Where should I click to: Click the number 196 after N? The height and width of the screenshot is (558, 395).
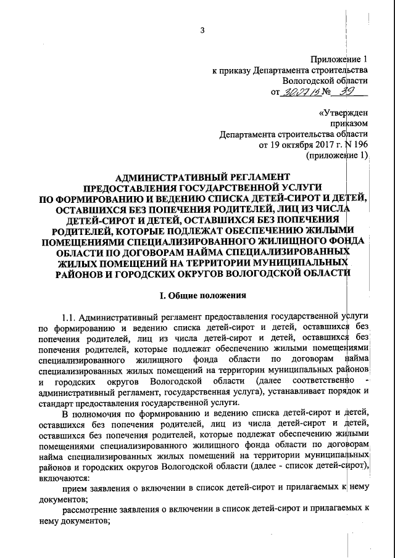click(x=361, y=146)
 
